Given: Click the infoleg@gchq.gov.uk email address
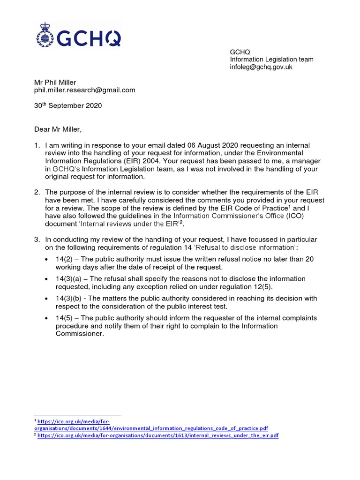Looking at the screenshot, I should click(x=261, y=67).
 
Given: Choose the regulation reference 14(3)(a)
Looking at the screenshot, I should click(x=70, y=279).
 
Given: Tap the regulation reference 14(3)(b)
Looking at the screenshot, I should click(x=70, y=298).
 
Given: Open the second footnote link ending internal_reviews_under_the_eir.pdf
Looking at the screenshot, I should click(x=158, y=435).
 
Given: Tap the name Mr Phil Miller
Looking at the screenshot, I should click(x=55, y=82).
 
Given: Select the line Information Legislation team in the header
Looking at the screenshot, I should click(x=271, y=60).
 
